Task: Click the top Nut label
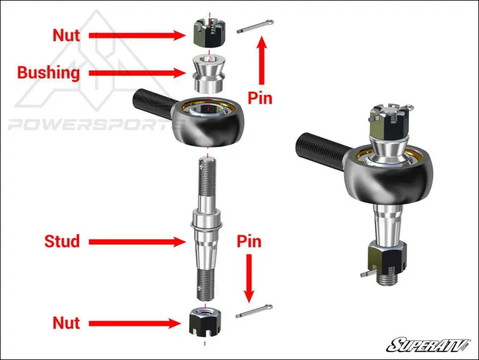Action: [x=66, y=35]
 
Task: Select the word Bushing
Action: [x=48, y=73]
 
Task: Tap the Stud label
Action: [x=62, y=241]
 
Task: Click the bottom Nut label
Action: [x=66, y=323]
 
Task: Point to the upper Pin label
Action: [x=260, y=97]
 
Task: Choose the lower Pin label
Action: [x=249, y=241]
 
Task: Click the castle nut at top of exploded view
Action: [x=205, y=34]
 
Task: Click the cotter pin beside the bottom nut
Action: [x=254, y=312]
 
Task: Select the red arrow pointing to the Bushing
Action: [x=137, y=73]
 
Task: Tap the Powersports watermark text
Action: [x=90, y=125]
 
